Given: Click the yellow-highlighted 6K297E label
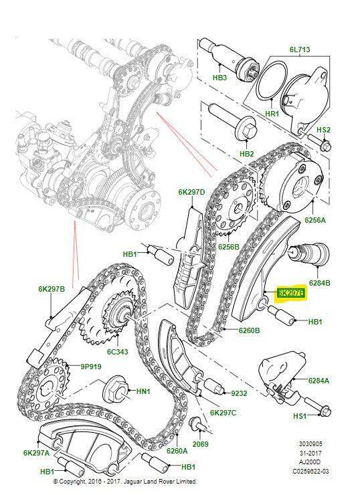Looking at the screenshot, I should [291, 293].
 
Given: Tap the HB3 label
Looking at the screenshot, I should [219, 78].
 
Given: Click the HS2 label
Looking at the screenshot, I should [324, 129].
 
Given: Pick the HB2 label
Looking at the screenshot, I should [247, 154].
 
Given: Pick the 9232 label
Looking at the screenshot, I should [240, 394].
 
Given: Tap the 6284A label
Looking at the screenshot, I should [319, 380].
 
